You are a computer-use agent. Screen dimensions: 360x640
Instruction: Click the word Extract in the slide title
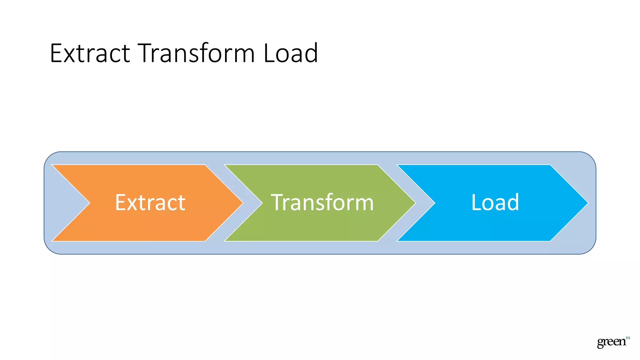(x=90, y=53)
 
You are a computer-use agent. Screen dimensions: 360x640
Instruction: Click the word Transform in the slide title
(x=196, y=53)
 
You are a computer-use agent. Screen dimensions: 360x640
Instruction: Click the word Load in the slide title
(x=291, y=53)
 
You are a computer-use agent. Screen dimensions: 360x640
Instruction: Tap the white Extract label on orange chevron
(x=150, y=202)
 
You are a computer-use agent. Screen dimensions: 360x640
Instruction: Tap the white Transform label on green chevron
(x=322, y=202)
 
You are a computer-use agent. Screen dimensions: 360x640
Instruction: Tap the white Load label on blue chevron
(x=495, y=202)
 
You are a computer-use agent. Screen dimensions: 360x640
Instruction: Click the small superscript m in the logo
(x=628, y=338)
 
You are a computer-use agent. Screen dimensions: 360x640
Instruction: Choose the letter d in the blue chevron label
(x=512, y=202)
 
